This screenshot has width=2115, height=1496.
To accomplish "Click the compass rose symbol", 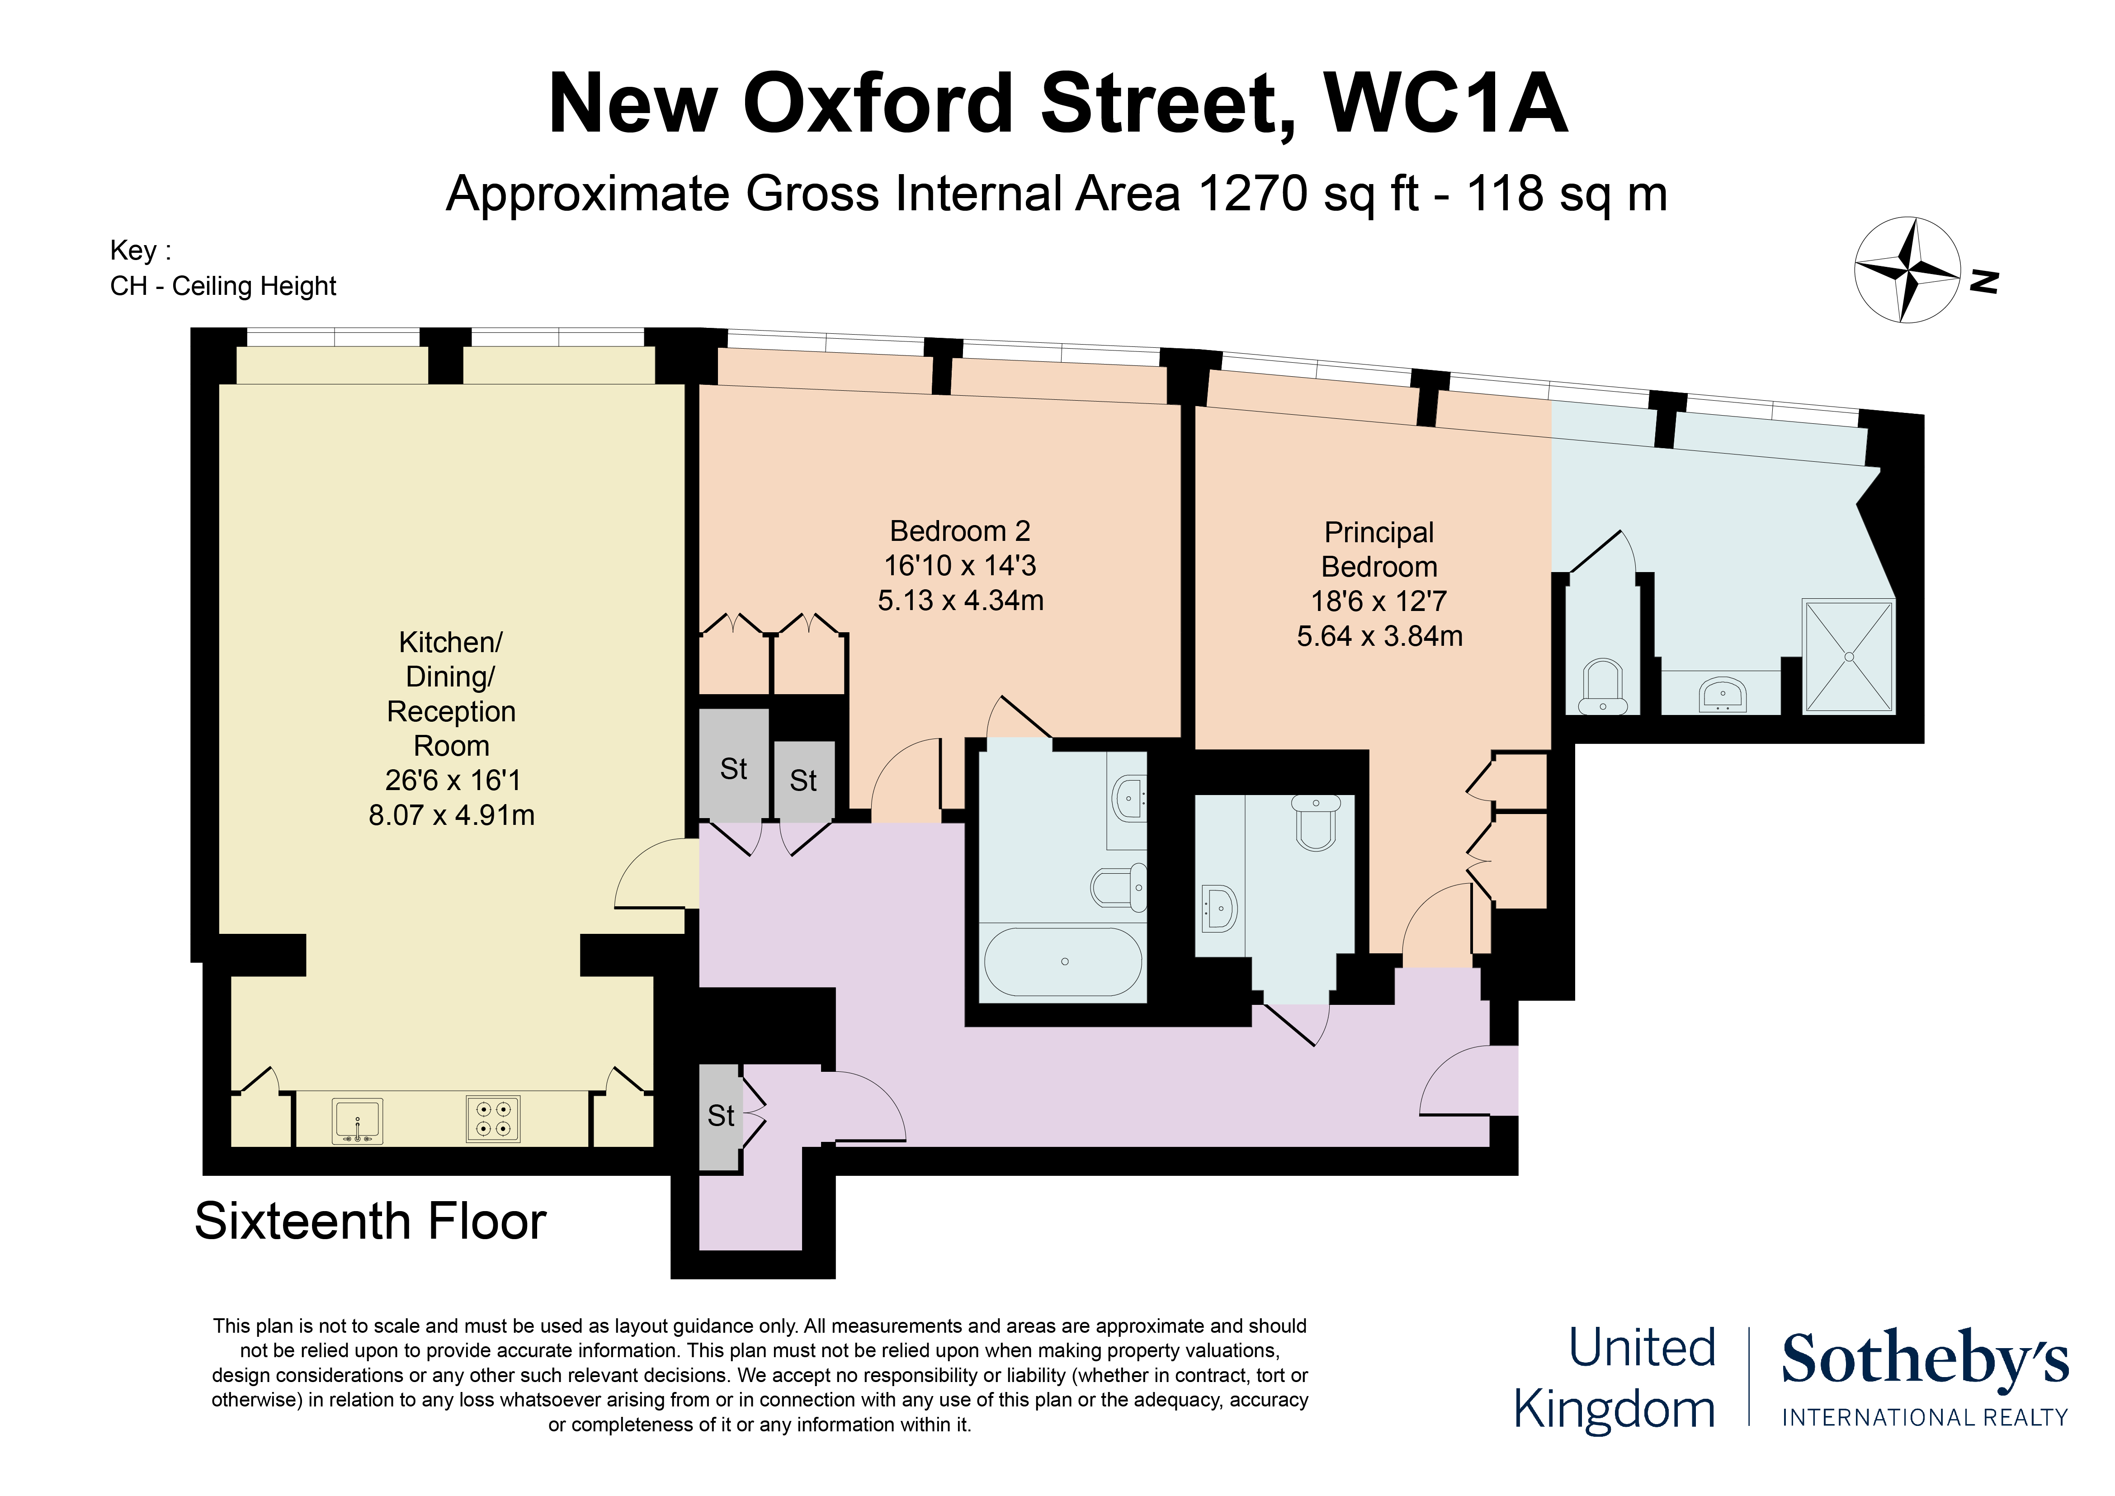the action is [x=1907, y=270].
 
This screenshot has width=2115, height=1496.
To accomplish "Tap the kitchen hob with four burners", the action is [x=493, y=1119].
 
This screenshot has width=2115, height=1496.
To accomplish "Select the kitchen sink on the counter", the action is [x=358, y=1121].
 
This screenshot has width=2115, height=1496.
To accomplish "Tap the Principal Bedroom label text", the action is [x=1379, y=549].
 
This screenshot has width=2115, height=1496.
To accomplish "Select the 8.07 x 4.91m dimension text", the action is [x=451, y=815].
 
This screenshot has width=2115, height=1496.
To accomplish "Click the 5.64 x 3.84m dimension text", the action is [x=1379, y=635].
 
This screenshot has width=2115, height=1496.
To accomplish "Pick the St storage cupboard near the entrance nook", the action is [x=720, y=1117].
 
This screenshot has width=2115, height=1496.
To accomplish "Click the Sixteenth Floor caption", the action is [x=370, y=1221].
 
